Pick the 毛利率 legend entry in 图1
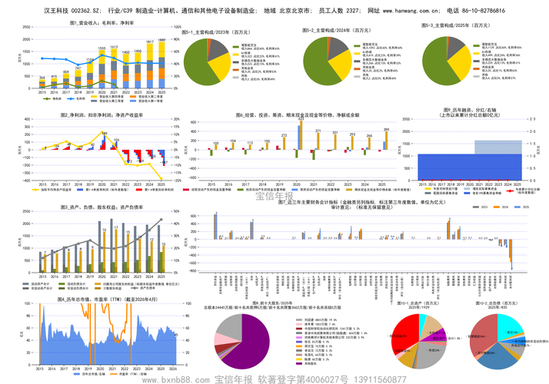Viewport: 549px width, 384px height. [81, 99]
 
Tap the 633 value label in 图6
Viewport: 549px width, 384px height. [301, 118]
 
